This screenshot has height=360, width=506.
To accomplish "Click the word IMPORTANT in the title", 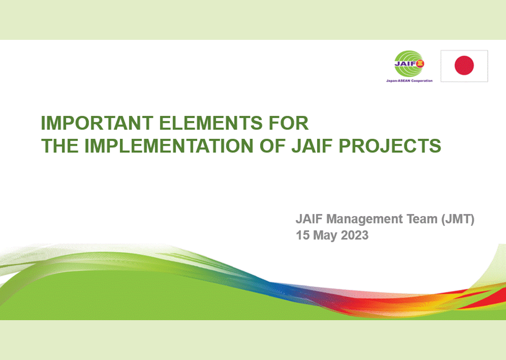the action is [x=97, y=123].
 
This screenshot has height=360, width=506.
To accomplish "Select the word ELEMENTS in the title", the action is [x=210, y=123].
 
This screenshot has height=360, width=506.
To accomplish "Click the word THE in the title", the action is [x=60, y=146].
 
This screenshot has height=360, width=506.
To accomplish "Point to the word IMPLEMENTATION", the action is [x=169, y=146].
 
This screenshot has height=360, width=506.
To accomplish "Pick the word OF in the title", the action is [x=273, y=146].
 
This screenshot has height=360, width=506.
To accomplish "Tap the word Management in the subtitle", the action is [x=365, y=219].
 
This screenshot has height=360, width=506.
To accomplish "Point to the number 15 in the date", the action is [x=303, y=235].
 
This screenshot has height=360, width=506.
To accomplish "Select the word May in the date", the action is [x=325, y=236].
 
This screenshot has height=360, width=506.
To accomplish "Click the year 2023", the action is [x=355, y=235].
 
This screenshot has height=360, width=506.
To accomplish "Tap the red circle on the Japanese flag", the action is [x=464, y=65].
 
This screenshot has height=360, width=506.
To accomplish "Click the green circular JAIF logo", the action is [x=409, y=64].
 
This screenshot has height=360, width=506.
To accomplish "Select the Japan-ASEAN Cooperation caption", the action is [x=409, y=81].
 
